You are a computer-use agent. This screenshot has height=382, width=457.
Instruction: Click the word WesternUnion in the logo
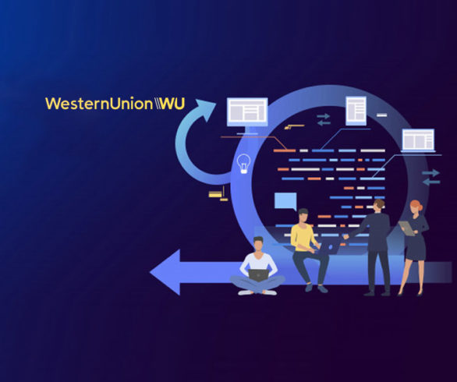tap(99, 104)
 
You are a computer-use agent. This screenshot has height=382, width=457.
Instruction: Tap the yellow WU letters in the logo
tap(173, 104)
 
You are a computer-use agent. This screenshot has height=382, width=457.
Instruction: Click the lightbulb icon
tap(243, 164)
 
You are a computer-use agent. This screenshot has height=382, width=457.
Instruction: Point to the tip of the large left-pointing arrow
tap(150, 272)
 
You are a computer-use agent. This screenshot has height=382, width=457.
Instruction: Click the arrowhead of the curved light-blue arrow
tap(205, 109)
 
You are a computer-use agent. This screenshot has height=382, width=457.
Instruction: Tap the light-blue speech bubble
tap(285, 201)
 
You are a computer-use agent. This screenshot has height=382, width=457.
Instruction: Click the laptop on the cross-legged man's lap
tap(258, 275)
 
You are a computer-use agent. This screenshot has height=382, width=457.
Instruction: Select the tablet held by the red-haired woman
tap(407, 228)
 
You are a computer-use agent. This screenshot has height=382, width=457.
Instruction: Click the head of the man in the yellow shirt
tap(303, 216)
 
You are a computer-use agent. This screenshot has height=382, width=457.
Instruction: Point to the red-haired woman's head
tap(416, 207)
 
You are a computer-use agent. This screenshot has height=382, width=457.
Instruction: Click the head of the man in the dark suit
tap(379, 206)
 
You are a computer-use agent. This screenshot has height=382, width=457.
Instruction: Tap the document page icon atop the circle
tap(356, 111)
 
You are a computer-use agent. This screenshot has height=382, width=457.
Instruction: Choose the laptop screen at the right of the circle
tap(418, 140)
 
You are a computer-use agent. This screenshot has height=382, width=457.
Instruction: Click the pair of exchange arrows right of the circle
tap(431, 177)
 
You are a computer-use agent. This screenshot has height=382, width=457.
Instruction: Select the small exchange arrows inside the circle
tap(324, 119)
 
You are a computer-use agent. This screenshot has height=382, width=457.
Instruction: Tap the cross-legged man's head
tap(258, 244)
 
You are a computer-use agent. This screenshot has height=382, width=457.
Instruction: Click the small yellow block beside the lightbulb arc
tap(215, 194)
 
